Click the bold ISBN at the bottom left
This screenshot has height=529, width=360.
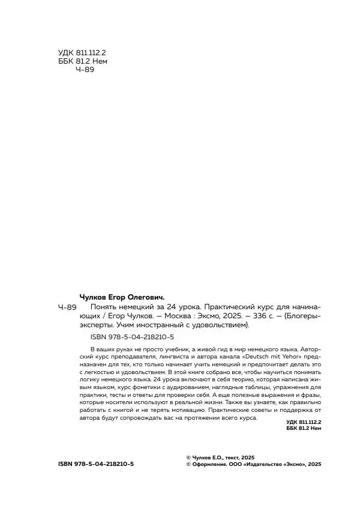97,465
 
